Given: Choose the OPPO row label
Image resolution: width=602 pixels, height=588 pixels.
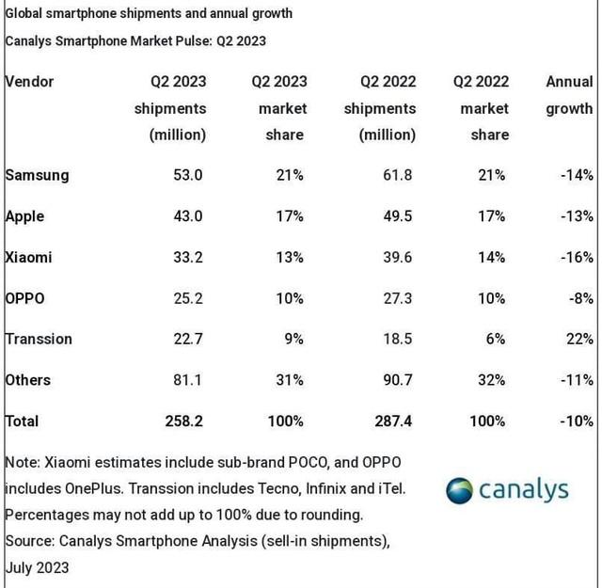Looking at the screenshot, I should (x=25, y=298).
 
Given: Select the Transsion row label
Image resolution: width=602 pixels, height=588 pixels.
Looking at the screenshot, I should (x=39, y=339).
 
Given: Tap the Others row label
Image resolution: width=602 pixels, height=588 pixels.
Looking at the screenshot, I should (x=28, y=380).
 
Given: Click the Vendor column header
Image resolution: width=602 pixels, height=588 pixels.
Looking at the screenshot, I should (x=30, y=82).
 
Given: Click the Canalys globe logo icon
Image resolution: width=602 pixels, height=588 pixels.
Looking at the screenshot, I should (x=459, y=491).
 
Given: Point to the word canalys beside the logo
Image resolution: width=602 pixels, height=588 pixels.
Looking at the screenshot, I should (x=524, y=490).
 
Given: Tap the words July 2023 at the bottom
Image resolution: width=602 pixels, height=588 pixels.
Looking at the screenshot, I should (x=37, y=568).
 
